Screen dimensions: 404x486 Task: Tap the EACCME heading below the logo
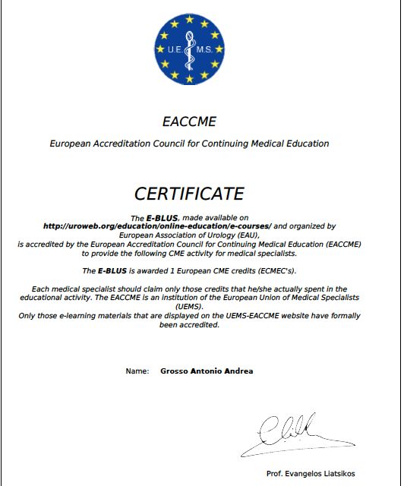[x=189, y=121]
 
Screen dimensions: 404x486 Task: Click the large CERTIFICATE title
[x=189, y=193]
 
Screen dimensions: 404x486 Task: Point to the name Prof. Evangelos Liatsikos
[x=311, y=473]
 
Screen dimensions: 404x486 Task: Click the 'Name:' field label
[x=137, y=371]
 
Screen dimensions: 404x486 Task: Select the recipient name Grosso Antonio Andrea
[x=207, y=371]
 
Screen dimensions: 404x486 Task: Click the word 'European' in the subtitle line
[x=68, y=143]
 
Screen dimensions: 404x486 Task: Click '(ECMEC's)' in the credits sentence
[x=275, y=270]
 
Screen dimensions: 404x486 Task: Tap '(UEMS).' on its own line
[x=189, y=307]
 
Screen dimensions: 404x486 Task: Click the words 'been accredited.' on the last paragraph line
[x=189, y=324]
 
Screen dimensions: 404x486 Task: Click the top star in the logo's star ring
[x=189, y=17]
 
